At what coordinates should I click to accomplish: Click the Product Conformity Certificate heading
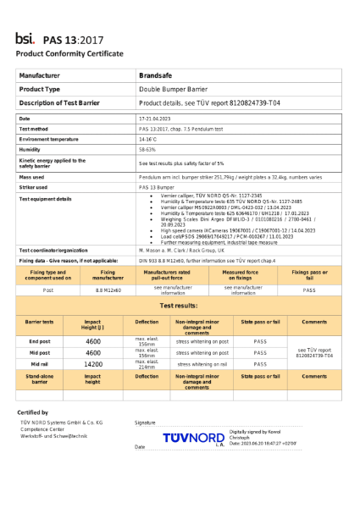coord(69,53)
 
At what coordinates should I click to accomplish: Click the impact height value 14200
coord(93,364)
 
